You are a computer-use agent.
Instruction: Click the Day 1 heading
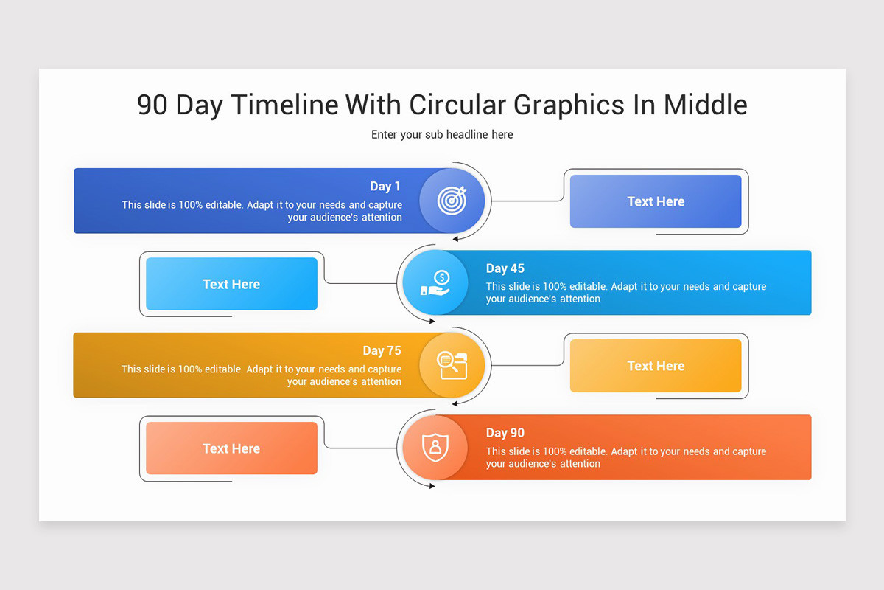click(x=385, y=187)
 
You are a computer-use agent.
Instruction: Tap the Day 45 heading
click(x=505, y=268)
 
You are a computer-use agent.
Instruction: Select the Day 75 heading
click(x=382, y=351)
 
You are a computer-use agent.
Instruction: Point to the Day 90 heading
click(x=505, y=433)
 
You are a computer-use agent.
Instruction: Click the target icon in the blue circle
click(x=452, y=200)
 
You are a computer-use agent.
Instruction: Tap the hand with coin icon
click(x=435, y=283)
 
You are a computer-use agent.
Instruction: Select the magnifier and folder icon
click(x=452, y=365)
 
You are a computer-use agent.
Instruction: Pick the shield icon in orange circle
click(x=435, y=447)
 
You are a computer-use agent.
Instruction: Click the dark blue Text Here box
click(x=656, y=201)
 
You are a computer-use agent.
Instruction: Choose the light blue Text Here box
click(x=231, y=284)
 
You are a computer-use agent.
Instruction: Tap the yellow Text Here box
click(x=656, y=366)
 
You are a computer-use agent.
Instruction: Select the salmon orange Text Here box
click(x=231, y=448)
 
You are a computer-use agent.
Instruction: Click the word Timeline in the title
click(x=285, y=105)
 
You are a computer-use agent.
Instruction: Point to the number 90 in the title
click(x=152, y=105)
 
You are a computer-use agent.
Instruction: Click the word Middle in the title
click(x=705, y=105)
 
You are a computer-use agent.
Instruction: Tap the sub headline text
click(x=442, y=134)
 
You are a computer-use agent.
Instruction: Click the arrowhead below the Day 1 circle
click(x=456, y=239)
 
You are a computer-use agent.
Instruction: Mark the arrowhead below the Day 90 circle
click(x=432, y=485)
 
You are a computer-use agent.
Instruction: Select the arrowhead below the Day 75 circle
click(x=456, y=403)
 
